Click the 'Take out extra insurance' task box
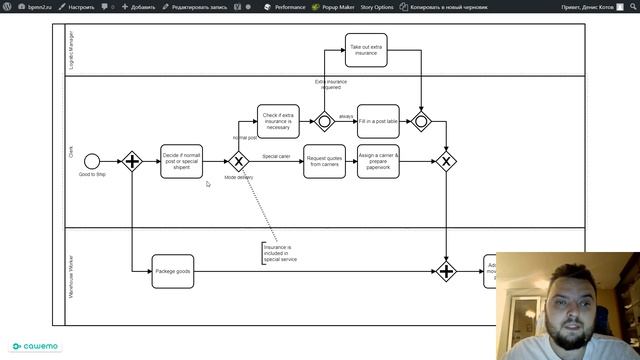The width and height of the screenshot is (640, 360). point(366,50)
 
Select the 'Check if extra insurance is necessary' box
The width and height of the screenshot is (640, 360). point(278,121)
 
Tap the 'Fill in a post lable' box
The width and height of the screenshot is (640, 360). point(378,121)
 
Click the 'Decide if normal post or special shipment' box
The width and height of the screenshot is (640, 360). point(181,161)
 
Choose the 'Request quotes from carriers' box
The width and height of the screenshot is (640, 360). point(324,161)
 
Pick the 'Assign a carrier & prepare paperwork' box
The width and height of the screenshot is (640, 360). point(378,161)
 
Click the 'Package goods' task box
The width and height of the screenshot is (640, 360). point(172,271)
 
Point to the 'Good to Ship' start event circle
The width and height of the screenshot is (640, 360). point(92,161)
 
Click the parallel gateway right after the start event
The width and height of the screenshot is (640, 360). point(132,161)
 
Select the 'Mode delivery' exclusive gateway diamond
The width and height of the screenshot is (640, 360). point(238,161)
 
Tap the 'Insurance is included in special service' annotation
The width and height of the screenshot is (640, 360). point(280,253)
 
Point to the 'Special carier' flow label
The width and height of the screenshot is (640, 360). point(277,156)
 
